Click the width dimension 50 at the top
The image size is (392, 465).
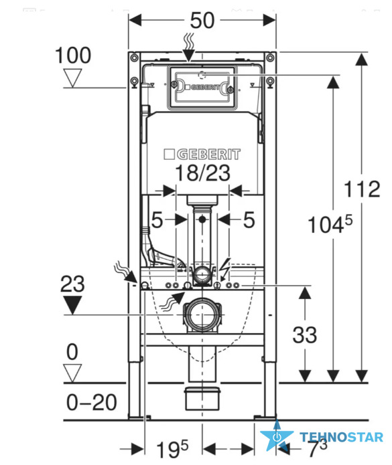pos(202,21)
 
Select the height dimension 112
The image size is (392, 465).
pos(362,189)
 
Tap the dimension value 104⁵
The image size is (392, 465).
pos(330,224)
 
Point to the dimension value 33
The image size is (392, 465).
pos(305,335)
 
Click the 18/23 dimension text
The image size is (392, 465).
pos(202,173)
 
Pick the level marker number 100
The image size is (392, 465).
pos(73,55)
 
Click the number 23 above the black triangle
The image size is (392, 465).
pos(72,284)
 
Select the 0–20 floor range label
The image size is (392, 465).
pos(91,402)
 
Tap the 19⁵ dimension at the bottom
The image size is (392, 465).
pos(172,449)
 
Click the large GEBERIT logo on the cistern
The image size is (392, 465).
pos(202,155)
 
